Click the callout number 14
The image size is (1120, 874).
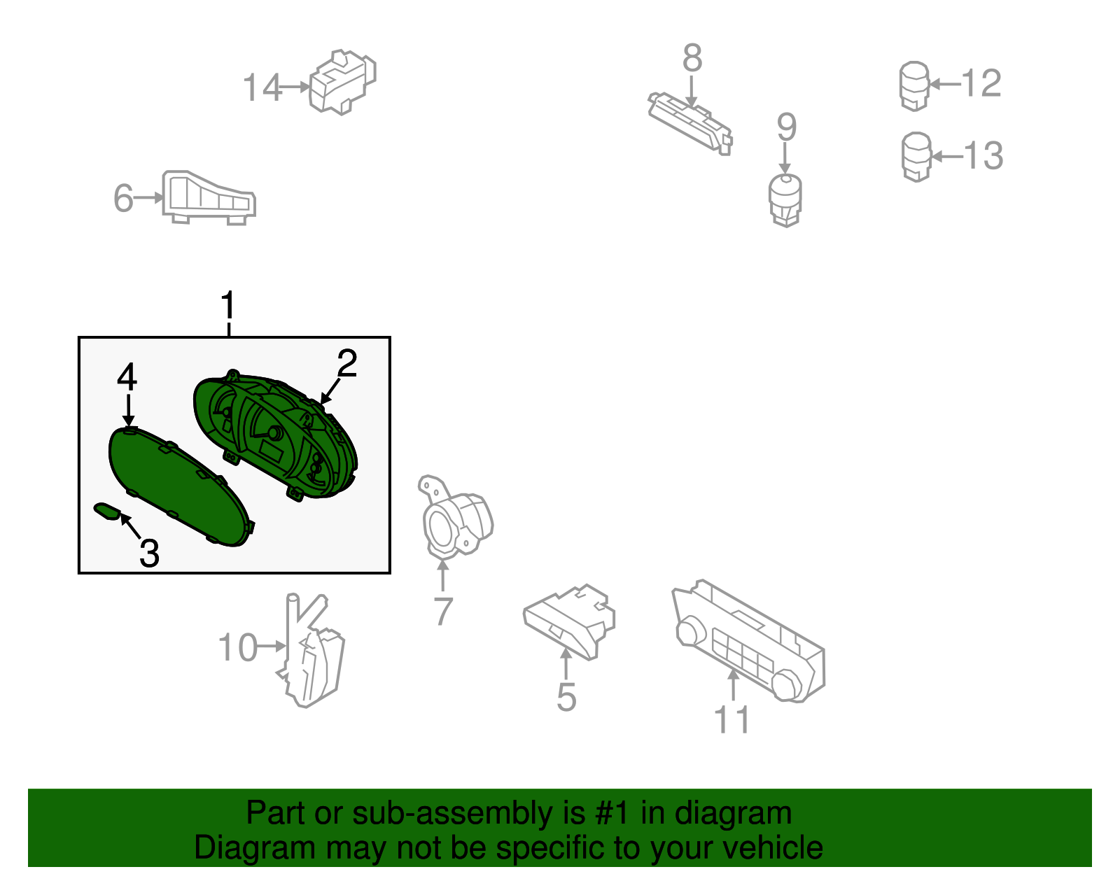coord(262,88)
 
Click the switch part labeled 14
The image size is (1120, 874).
coord(342,81)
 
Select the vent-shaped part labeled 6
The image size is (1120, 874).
coord(208,198)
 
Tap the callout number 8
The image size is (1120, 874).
coord(692,58)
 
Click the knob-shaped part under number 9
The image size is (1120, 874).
coord(785,199)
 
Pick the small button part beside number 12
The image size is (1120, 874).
coord(914,85)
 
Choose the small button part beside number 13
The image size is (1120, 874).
coord(916,156)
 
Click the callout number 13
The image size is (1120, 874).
coord(983,155)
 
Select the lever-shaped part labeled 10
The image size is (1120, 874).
coord(311,654)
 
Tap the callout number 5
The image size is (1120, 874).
coord(566,697)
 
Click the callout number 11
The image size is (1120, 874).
coord(731,719)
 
